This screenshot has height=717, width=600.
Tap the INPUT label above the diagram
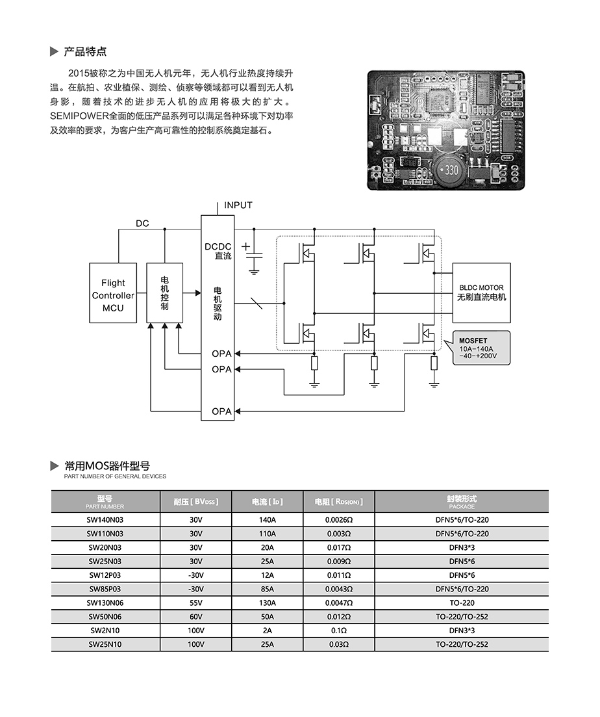point(238,205)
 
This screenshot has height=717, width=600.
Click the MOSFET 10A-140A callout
point(480,348)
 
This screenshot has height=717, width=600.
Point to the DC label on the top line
point(142,224)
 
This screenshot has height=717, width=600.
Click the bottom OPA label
point(221,411)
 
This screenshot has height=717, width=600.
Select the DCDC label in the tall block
point(218,247)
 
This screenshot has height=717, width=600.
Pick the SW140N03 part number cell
point(105,520)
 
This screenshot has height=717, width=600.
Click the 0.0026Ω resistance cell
point(338,520)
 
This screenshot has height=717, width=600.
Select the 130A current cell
point(267,603)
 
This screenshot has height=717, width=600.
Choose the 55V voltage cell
point(196,603)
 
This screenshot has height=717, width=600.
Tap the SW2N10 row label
point(105,631)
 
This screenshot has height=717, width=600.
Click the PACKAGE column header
point(461,502)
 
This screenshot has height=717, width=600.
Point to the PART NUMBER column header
point(105,502)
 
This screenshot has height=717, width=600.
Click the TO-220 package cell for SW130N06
point(461,603)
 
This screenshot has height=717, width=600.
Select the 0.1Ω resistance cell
point(338,631)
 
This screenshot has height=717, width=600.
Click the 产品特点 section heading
point(85,51)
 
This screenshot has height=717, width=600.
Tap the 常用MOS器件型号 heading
point(107,465)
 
